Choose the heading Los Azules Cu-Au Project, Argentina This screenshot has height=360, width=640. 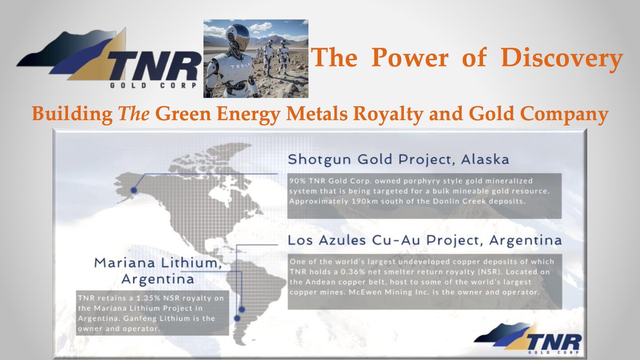[425, 241]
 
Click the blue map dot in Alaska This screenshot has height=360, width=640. [134, 189]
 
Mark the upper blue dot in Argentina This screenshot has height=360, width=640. [242, 309]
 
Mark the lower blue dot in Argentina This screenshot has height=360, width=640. [237, 318]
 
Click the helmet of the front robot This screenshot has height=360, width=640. [237, 37]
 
